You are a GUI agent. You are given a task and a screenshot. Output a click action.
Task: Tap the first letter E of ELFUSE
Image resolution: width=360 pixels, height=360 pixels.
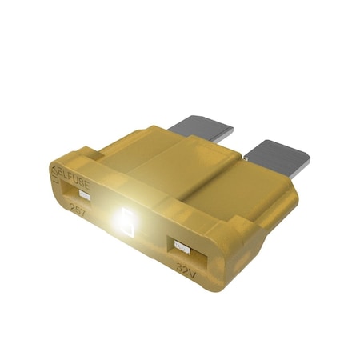coord(58,171)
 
